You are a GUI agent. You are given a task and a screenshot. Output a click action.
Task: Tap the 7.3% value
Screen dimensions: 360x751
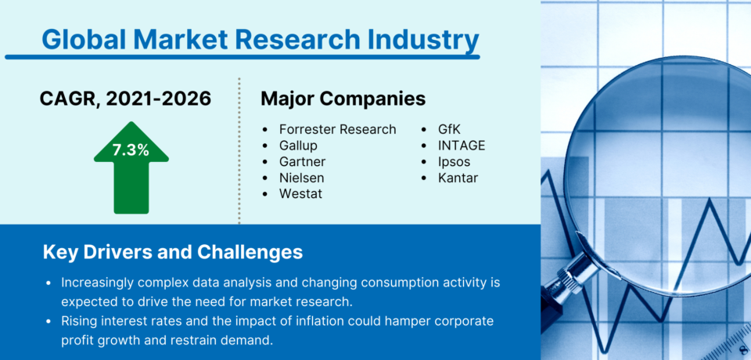coord(131,150)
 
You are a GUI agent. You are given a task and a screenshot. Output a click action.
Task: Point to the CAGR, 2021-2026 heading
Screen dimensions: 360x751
coord(125,99)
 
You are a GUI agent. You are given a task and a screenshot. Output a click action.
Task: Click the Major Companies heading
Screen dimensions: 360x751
coord(343,99)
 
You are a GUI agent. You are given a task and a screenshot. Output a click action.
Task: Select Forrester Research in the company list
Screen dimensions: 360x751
coord(338,129)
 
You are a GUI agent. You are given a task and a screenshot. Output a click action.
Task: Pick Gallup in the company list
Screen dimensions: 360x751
coord(298,146)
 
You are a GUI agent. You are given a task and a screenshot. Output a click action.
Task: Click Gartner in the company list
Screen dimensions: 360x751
coord(302,162)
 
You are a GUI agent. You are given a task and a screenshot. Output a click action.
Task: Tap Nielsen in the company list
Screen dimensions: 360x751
coord(301,178)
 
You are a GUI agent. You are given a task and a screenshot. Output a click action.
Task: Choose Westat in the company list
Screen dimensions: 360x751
coord(300,193)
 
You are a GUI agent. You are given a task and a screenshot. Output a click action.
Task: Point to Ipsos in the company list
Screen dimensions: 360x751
coord(455,162)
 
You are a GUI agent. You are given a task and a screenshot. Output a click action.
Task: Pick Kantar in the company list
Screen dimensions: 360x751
coord(458,178)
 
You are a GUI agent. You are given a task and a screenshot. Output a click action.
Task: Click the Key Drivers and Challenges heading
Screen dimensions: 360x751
coord(172,253)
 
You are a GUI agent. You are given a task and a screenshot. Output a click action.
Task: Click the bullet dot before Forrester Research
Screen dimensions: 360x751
coord(266,130)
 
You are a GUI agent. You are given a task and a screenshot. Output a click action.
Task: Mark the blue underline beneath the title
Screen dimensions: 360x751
coord(242,56)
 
